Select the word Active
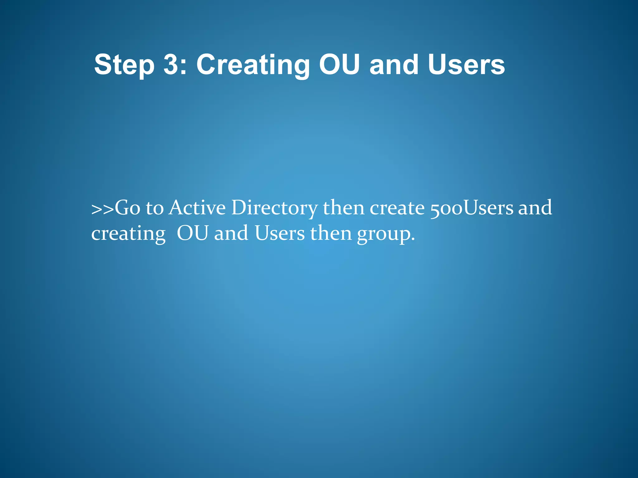(197, 208)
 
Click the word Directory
(274, 208)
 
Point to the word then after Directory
(343, 208)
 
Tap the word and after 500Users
(535, 208)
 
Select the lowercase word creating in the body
(128, 234)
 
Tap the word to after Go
(155, 208)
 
